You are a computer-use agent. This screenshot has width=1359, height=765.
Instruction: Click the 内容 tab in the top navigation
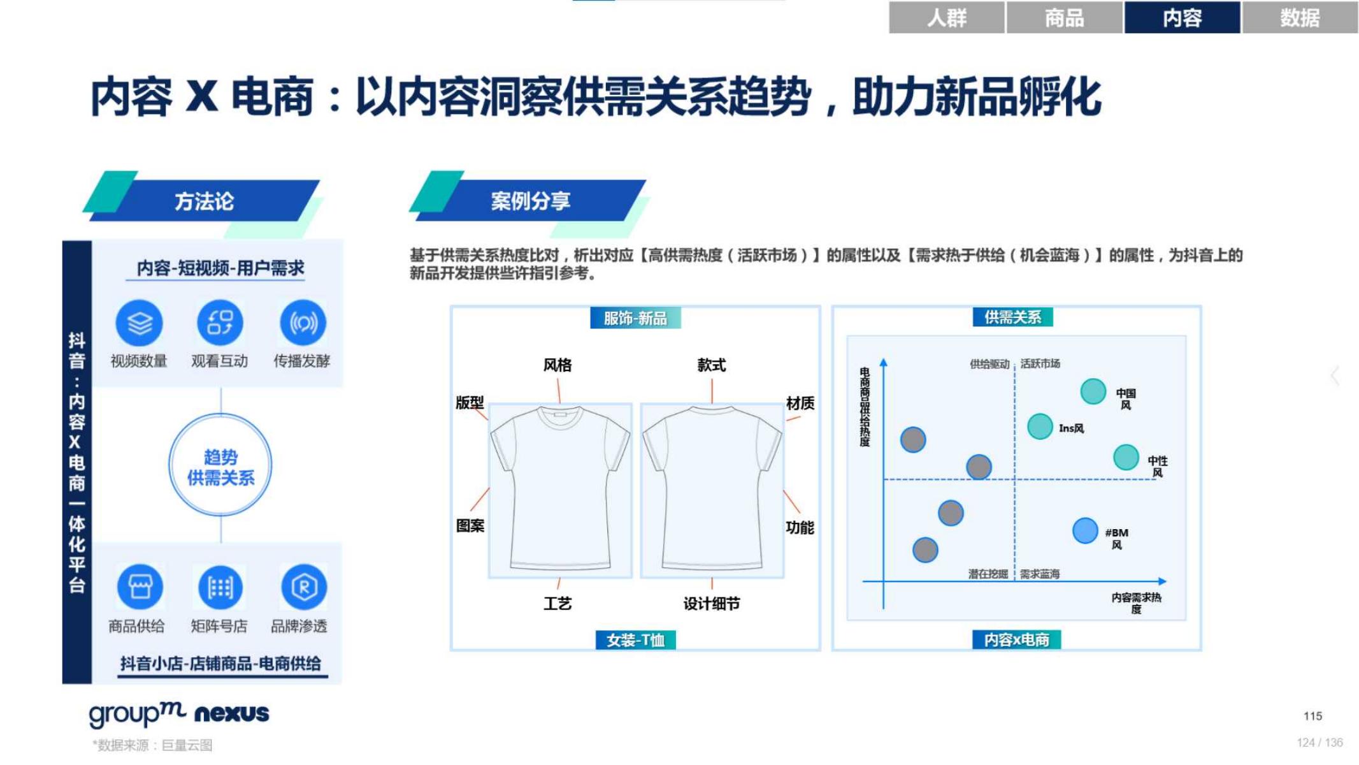tap(1181, 17)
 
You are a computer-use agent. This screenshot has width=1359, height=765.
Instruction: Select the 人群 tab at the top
tap(946, 17)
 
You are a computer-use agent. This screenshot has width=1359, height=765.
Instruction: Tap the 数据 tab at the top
tap(1300, 17)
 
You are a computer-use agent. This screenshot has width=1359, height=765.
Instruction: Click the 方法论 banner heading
tap(205, 201)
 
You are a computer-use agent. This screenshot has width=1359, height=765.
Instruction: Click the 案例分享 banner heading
tap(530, 201)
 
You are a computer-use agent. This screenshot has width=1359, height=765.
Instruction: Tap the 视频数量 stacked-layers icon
tap(139, 323)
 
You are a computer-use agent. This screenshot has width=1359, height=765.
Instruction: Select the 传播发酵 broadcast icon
tap(303, 323)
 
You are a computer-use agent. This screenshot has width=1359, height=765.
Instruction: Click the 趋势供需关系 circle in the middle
tap(220, 467)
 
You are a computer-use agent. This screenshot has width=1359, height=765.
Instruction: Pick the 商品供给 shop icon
tap(140, 586)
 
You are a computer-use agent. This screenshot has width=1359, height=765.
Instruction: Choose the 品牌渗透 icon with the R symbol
tap(303, 586)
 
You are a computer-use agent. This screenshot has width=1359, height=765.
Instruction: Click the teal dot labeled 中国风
tap(1093, 391)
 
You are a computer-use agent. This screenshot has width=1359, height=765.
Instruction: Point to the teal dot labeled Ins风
tap(1039, 426)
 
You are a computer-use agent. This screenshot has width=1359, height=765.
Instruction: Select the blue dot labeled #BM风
tap(1084, 530)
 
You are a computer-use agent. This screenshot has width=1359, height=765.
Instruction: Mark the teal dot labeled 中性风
tap(1125, 457)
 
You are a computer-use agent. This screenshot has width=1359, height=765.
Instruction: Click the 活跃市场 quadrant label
tap(1040, 363)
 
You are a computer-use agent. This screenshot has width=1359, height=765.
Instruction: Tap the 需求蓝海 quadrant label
tap(1040, 574)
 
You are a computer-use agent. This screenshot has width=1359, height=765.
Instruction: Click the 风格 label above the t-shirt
tap(557, 365)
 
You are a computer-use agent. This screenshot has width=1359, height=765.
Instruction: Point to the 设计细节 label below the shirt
tap(711, 603)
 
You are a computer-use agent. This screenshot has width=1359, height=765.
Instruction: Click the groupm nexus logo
tap(179, 713)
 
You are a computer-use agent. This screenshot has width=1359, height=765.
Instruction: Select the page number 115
tap(1312, 716)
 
